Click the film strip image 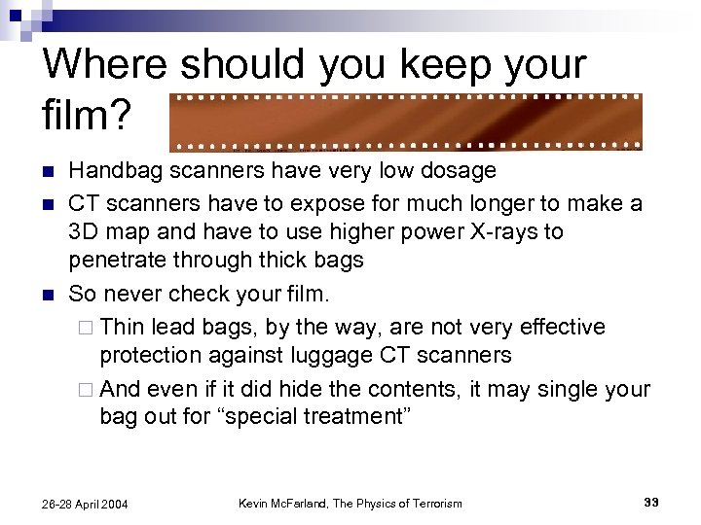tap(406, 122)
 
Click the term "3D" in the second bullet tap(85, 232)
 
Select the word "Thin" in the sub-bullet tap(121, 327)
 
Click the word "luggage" tap(312, 355)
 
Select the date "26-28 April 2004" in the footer tap(86, 504)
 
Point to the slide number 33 tap(650, 503)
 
